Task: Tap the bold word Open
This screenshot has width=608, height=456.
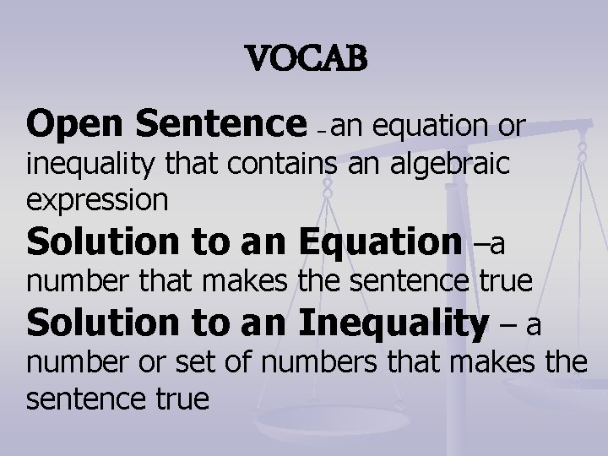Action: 78,126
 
